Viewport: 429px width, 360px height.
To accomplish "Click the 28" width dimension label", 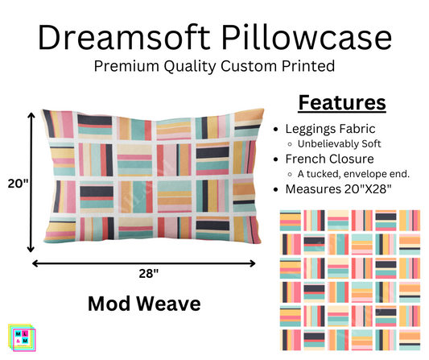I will coord(148,274).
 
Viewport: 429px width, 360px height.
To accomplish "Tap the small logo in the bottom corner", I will coord(19,338).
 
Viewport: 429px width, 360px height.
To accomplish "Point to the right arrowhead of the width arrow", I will coord(254,262).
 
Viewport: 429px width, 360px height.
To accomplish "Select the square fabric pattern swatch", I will coord(349,279).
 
